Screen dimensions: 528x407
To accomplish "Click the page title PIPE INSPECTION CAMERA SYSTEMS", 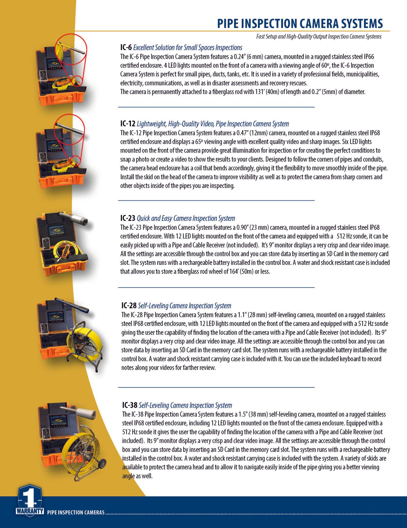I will [300, 24].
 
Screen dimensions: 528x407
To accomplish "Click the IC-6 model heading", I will [126, 48].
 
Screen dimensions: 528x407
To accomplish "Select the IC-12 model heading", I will [128, 124].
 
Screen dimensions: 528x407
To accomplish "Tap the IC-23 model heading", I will [128, 218].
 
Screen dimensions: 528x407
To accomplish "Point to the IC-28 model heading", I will [129, 306].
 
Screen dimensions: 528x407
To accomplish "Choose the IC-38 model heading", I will [129, 405].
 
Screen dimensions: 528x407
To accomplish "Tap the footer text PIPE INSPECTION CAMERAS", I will [76, 513].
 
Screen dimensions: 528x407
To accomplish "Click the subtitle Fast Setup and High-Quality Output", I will [319, 37].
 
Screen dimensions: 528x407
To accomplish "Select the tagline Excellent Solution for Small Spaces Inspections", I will [188, 48].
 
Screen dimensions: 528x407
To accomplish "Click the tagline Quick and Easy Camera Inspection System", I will [186, 218].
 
